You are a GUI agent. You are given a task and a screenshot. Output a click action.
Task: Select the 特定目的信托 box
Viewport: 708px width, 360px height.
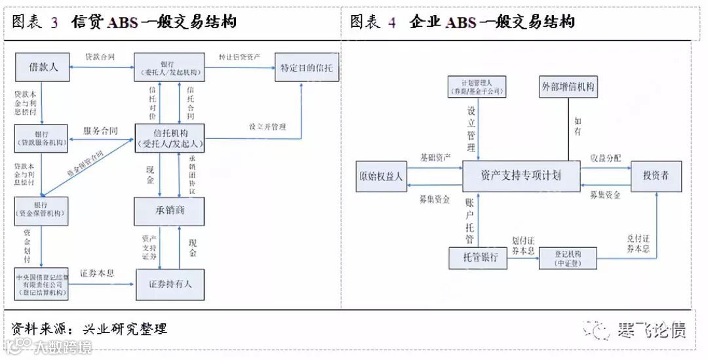307,68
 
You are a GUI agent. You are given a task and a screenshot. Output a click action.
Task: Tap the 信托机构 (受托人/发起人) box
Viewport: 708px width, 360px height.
170,137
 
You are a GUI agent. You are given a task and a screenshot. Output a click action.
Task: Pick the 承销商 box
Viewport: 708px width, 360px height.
170,211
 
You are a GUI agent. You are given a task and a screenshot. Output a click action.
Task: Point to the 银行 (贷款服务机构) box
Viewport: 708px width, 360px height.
42,136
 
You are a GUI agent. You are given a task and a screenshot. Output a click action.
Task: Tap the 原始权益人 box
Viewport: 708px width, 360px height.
381,176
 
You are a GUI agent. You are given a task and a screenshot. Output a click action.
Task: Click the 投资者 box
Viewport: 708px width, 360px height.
656,176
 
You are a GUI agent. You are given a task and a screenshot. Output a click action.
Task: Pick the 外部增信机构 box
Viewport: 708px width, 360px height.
569,87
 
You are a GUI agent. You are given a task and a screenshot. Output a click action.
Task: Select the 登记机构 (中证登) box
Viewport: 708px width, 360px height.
568,258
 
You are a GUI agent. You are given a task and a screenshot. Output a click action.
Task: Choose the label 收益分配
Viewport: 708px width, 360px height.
605,158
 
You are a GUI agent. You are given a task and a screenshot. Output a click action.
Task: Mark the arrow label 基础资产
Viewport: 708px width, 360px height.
435,158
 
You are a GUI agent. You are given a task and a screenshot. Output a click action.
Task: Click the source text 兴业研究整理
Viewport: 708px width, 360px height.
125,329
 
